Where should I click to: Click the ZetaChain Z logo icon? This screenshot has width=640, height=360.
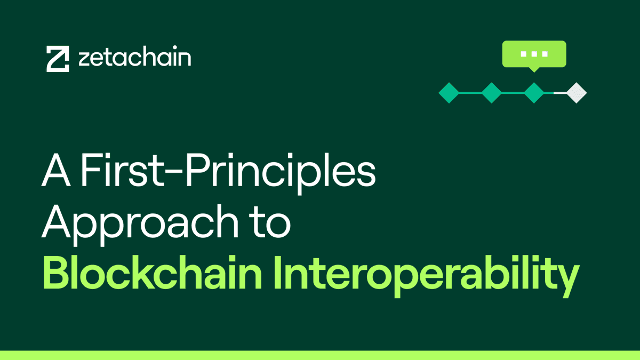[58, 59]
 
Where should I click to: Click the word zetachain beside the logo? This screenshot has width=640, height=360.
[134, 58]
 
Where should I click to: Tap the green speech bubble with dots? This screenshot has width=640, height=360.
[534, 53]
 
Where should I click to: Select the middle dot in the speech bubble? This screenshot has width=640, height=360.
[534, 54]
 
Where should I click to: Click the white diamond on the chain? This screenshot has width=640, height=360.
[577, 93]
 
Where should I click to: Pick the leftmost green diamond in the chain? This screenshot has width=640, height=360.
[449, 93]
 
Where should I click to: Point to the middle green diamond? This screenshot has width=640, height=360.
[491, 93]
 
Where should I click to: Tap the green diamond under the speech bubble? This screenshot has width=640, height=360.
[534, 93]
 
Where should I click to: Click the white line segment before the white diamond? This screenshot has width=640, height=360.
[559, 93]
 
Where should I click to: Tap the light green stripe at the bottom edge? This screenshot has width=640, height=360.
[320, 355]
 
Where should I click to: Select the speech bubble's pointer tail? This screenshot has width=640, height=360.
[534, 69]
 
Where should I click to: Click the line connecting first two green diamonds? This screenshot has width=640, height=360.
[470, 93]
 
